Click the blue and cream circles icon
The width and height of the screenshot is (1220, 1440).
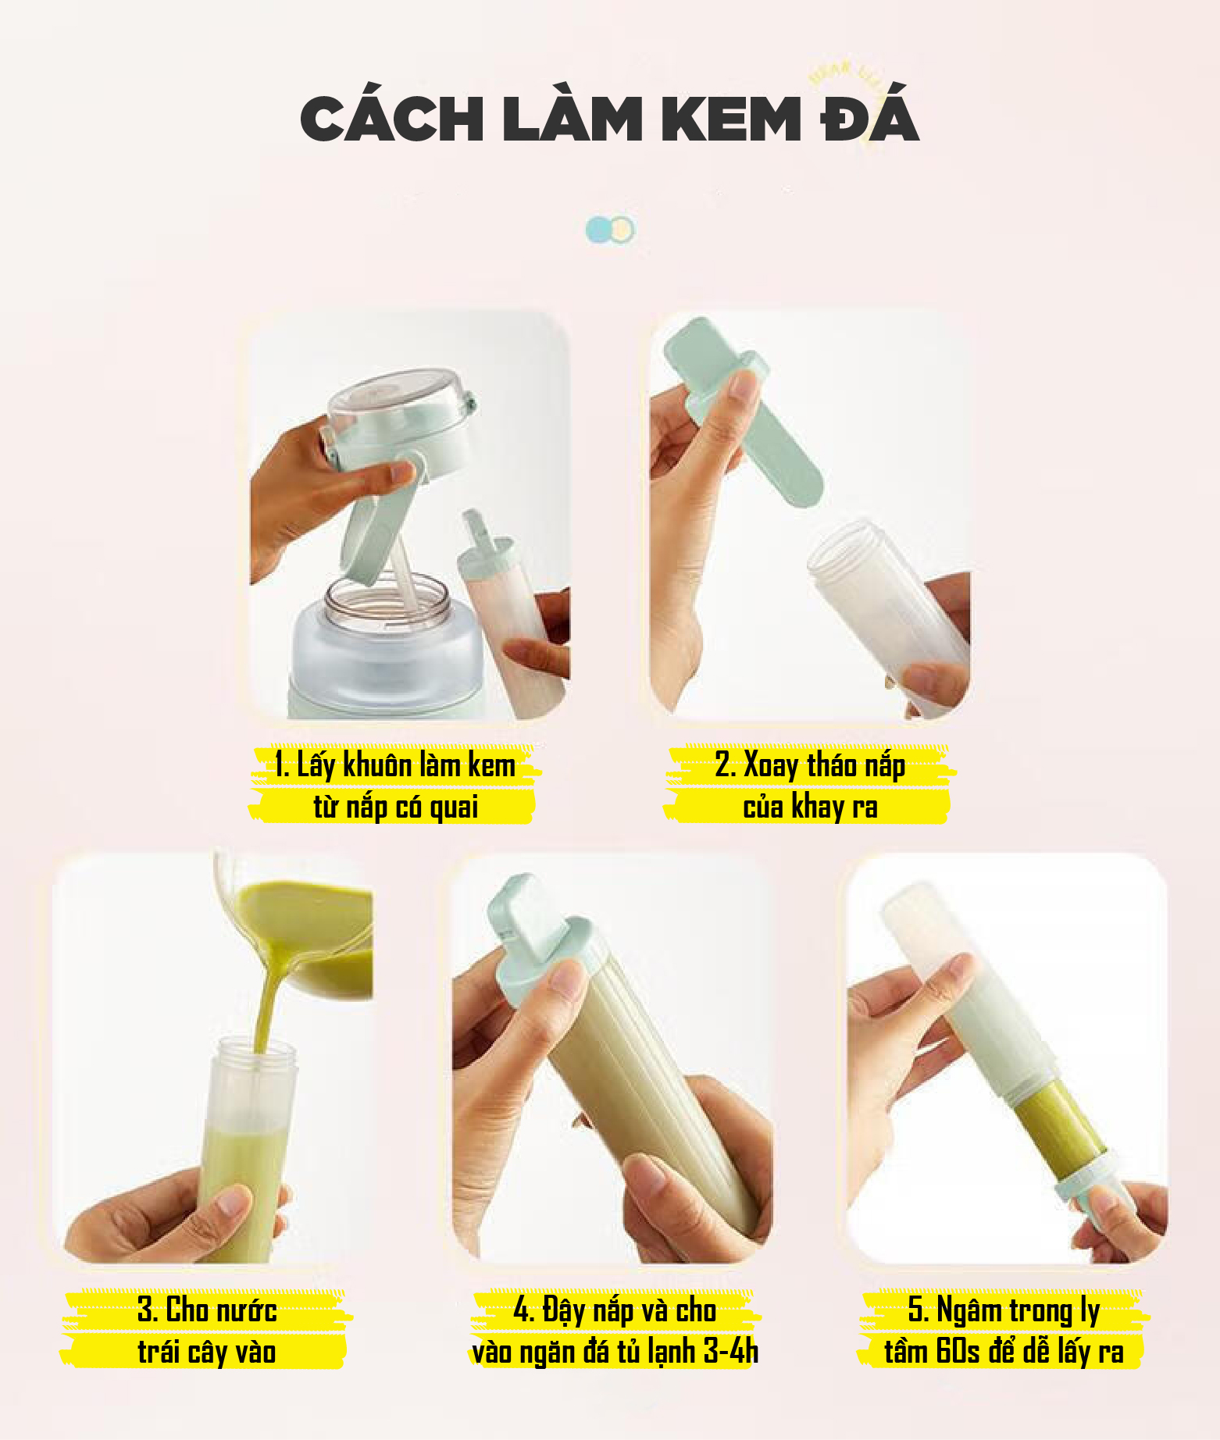pyautogui.click(x=610, y=230)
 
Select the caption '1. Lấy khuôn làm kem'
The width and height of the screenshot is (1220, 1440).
pyautogui.click(x=394, y=765)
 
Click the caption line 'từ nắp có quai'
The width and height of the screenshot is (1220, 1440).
pyautogui.click(x=395, y=807)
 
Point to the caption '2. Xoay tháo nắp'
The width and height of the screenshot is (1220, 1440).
pyautogui.click(x=810, y=765)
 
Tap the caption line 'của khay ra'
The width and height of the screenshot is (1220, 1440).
pyautogui.click(x=810, y=807)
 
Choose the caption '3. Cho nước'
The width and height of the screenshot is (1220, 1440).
pyautogui.click(x=207, y=1310)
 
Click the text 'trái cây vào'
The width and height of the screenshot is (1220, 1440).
pyautogui.click(x=207, y=1352)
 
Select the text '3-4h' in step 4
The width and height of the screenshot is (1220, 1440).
pyautogui.click(x=730, y=1352)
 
